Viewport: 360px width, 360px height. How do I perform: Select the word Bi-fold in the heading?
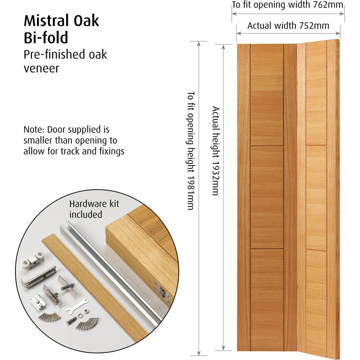click(x=46, y=37)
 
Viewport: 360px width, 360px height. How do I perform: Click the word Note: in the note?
click(x=34, y=130)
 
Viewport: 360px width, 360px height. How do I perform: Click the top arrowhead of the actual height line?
click(x=223, y=47)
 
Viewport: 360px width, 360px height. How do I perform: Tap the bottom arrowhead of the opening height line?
click(x=199, y=354)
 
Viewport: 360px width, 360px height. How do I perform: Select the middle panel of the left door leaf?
click(x=267, y=197)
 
